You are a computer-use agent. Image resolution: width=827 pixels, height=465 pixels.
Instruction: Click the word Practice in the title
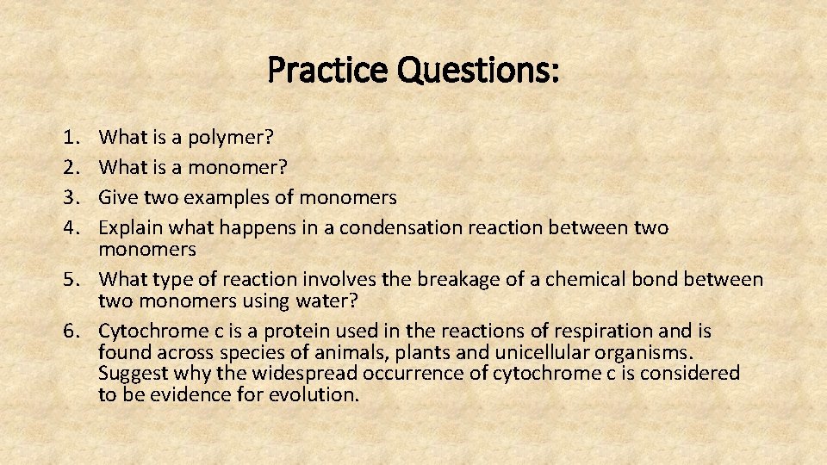coord(327,70)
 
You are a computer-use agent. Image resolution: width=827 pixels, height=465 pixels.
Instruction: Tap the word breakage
coord(456,279)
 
